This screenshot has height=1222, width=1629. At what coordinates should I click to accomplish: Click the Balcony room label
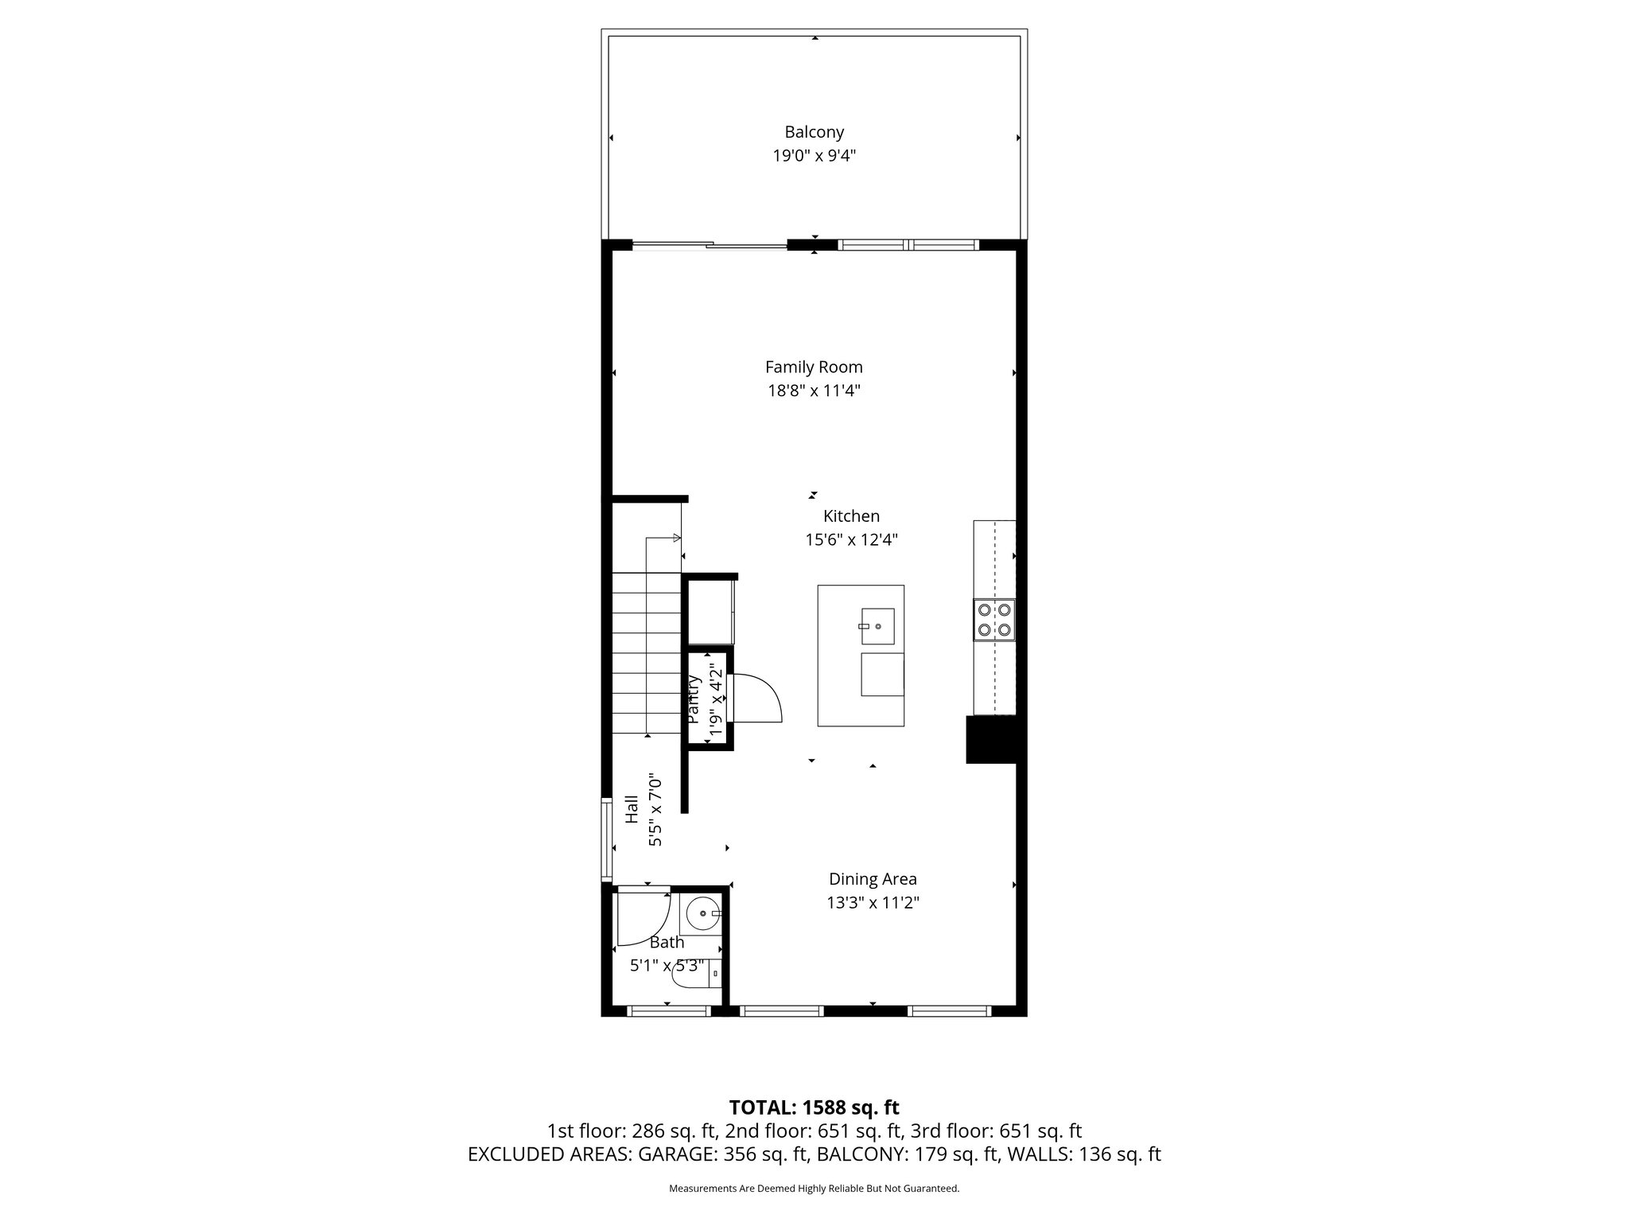[x=814, y=132]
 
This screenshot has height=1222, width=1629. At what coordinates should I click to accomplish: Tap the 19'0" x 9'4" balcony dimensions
[x=814, y=155]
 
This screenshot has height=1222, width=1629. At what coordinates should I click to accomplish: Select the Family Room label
[x=814, y=367]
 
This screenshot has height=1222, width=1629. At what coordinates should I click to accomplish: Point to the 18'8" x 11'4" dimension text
[x=814, y=391]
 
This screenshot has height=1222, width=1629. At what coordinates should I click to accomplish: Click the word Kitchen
[x=851, y=516]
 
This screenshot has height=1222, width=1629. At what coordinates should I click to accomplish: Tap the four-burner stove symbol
[x=994, y=620]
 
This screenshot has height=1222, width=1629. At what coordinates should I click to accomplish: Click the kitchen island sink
[x=877, y=626]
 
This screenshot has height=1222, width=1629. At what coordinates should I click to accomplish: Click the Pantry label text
[x=694, y=699]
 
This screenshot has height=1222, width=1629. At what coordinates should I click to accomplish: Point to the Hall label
[x=632, y=809]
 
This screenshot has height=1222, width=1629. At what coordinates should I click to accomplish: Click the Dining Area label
[x=873, y=879]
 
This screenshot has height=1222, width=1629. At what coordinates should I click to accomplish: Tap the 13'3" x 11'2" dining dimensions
[x=873, y=902]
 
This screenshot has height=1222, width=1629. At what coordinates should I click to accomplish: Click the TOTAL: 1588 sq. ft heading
[x=814, y=1107]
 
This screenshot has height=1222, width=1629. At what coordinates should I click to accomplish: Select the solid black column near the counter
[x=990, y=740]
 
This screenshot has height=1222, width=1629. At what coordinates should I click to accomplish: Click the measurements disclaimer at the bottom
[x=814, y=1189]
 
